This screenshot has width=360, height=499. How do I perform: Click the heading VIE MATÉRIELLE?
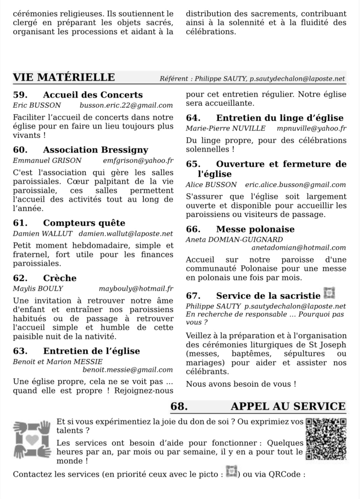click(64, 77)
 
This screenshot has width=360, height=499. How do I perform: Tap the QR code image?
click(326, 439)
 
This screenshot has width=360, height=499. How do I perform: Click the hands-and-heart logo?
click(32, 439)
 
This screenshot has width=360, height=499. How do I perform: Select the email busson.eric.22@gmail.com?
click(126, 105)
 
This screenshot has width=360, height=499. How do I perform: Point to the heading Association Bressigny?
click(95, 150)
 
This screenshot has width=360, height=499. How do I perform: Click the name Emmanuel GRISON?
click(47, 160)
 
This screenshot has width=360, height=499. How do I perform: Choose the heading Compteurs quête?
click(84, 223)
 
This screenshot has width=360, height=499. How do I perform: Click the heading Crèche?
click(59, 278)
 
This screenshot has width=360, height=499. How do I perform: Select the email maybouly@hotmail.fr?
click(136, 288)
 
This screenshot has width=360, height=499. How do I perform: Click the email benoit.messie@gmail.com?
click(128, 370)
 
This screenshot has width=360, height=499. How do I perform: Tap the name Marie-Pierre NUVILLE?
click(226, 128)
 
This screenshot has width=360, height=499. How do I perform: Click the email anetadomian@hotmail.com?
click(298, 248)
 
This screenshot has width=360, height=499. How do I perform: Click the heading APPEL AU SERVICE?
click(288, 406)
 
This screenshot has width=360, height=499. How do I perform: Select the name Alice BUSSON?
click(211, 185)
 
